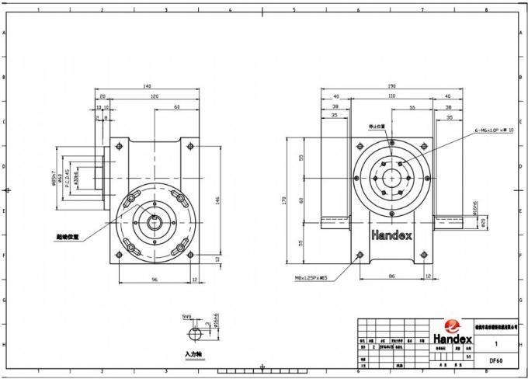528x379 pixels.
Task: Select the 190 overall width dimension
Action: pos(392,85)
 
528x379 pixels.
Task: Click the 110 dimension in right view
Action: pos(392,96)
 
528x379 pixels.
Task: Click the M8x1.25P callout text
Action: pos(311,275)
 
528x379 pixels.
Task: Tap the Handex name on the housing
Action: pos(392,234)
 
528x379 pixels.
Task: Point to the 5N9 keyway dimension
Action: pos(186,317)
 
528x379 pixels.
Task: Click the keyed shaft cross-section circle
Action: pos(194,334)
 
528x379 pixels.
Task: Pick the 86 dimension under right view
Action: pos(393,275)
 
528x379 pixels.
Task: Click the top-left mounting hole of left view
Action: pos(120,145)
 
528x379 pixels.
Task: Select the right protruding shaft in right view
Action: pos(450,223)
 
